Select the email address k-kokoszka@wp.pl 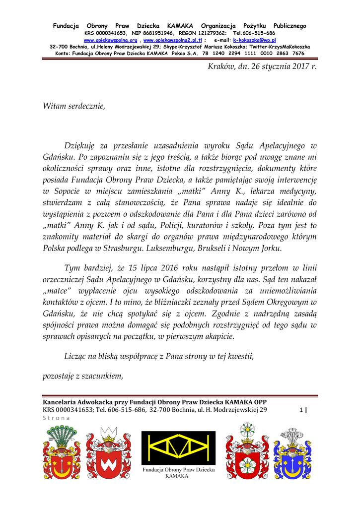coord(254,40)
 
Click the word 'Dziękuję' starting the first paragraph coord(81,146)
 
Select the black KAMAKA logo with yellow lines coord(179,447)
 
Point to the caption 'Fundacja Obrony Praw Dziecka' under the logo coord(179,469)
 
